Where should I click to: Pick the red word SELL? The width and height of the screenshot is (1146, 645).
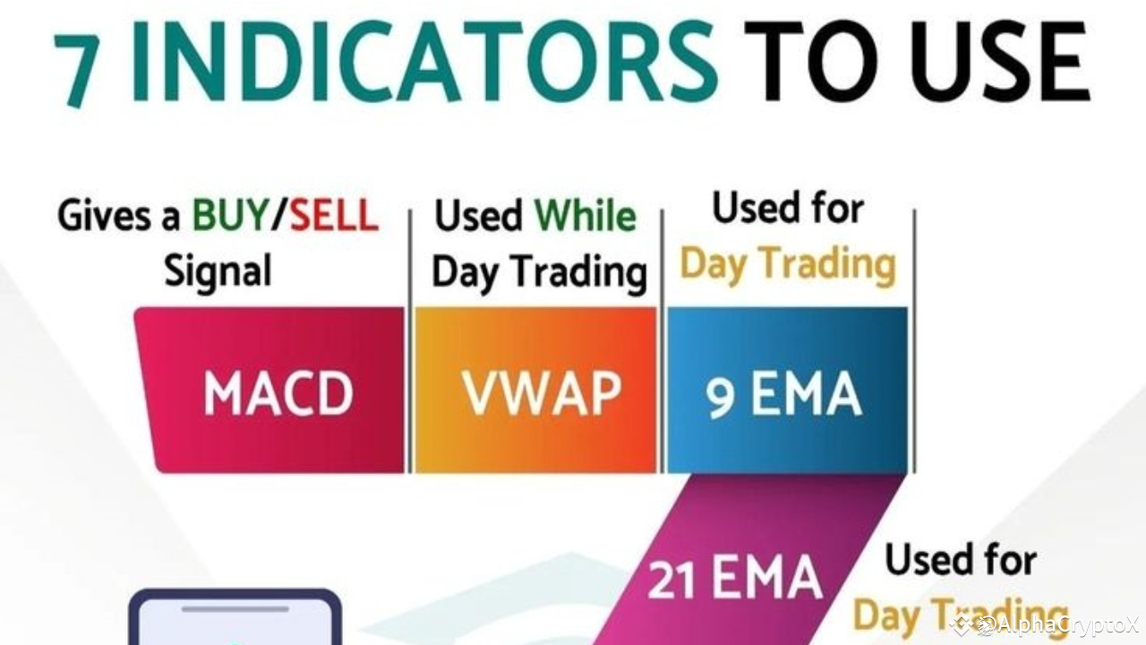(x=332, y=217)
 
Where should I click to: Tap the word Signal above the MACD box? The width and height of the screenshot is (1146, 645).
(x=218, y=270)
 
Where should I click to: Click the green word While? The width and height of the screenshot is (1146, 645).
(x=585, y=217)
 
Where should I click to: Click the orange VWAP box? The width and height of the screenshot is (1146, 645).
(x=537, y=391)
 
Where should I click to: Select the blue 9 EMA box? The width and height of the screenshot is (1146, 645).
(x=786, y=391)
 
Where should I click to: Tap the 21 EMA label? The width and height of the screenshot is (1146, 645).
(x=734, y=579)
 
